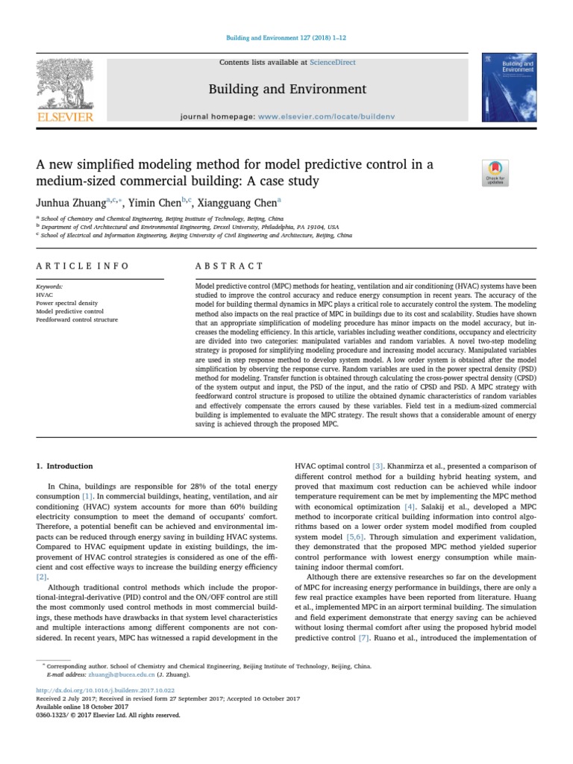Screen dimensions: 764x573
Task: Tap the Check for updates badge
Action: click(x=495, y=172)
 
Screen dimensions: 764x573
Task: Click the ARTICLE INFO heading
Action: click(x=82, y=266)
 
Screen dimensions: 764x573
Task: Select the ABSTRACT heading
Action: click(x=229, y=266)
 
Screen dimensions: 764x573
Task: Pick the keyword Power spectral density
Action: click(x=68, y=303)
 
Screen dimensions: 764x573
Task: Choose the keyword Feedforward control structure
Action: click(x=77, y=319)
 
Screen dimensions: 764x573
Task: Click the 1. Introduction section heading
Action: click(x=65, y=466)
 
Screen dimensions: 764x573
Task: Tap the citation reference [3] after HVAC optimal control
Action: click(x=378, y=466)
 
